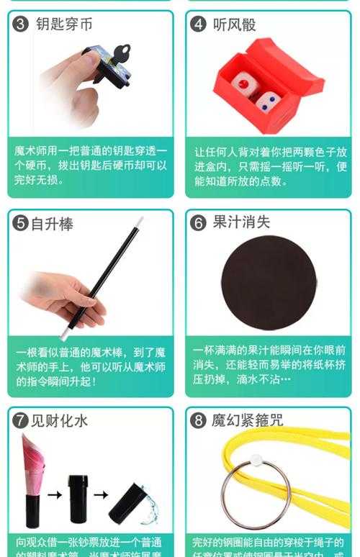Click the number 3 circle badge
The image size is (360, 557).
(21, 24)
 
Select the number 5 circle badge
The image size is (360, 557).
(21, 223)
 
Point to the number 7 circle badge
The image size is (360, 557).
(21, 421)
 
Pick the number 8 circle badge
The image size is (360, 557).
(198, 421)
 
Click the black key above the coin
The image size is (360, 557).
(122, 53)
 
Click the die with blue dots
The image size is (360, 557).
(267, 103)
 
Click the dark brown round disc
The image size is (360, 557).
(268, 282)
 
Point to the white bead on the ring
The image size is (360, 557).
(254, 458)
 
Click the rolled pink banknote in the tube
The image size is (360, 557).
(33, 461)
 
